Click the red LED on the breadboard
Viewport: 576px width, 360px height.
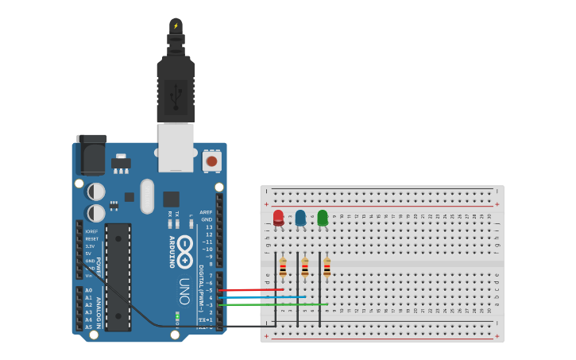point(278,217)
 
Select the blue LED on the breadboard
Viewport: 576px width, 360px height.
point(300,217)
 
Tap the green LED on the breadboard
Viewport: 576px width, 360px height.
point(323,217)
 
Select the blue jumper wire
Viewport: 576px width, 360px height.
point(262,297)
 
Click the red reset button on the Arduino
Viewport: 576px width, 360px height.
point(211,161)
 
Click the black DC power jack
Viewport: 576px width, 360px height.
point(91,155)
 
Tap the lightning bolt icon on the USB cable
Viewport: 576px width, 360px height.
point(176,25)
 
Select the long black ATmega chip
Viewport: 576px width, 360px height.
point(118,277)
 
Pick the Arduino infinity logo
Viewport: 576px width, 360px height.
point(184,252)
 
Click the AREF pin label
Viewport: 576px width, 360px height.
point(206,212)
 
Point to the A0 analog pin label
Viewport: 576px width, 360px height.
point(88,290)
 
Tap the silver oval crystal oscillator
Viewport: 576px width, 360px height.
point(147,195)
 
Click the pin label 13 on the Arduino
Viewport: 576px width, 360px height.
point(209,226)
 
